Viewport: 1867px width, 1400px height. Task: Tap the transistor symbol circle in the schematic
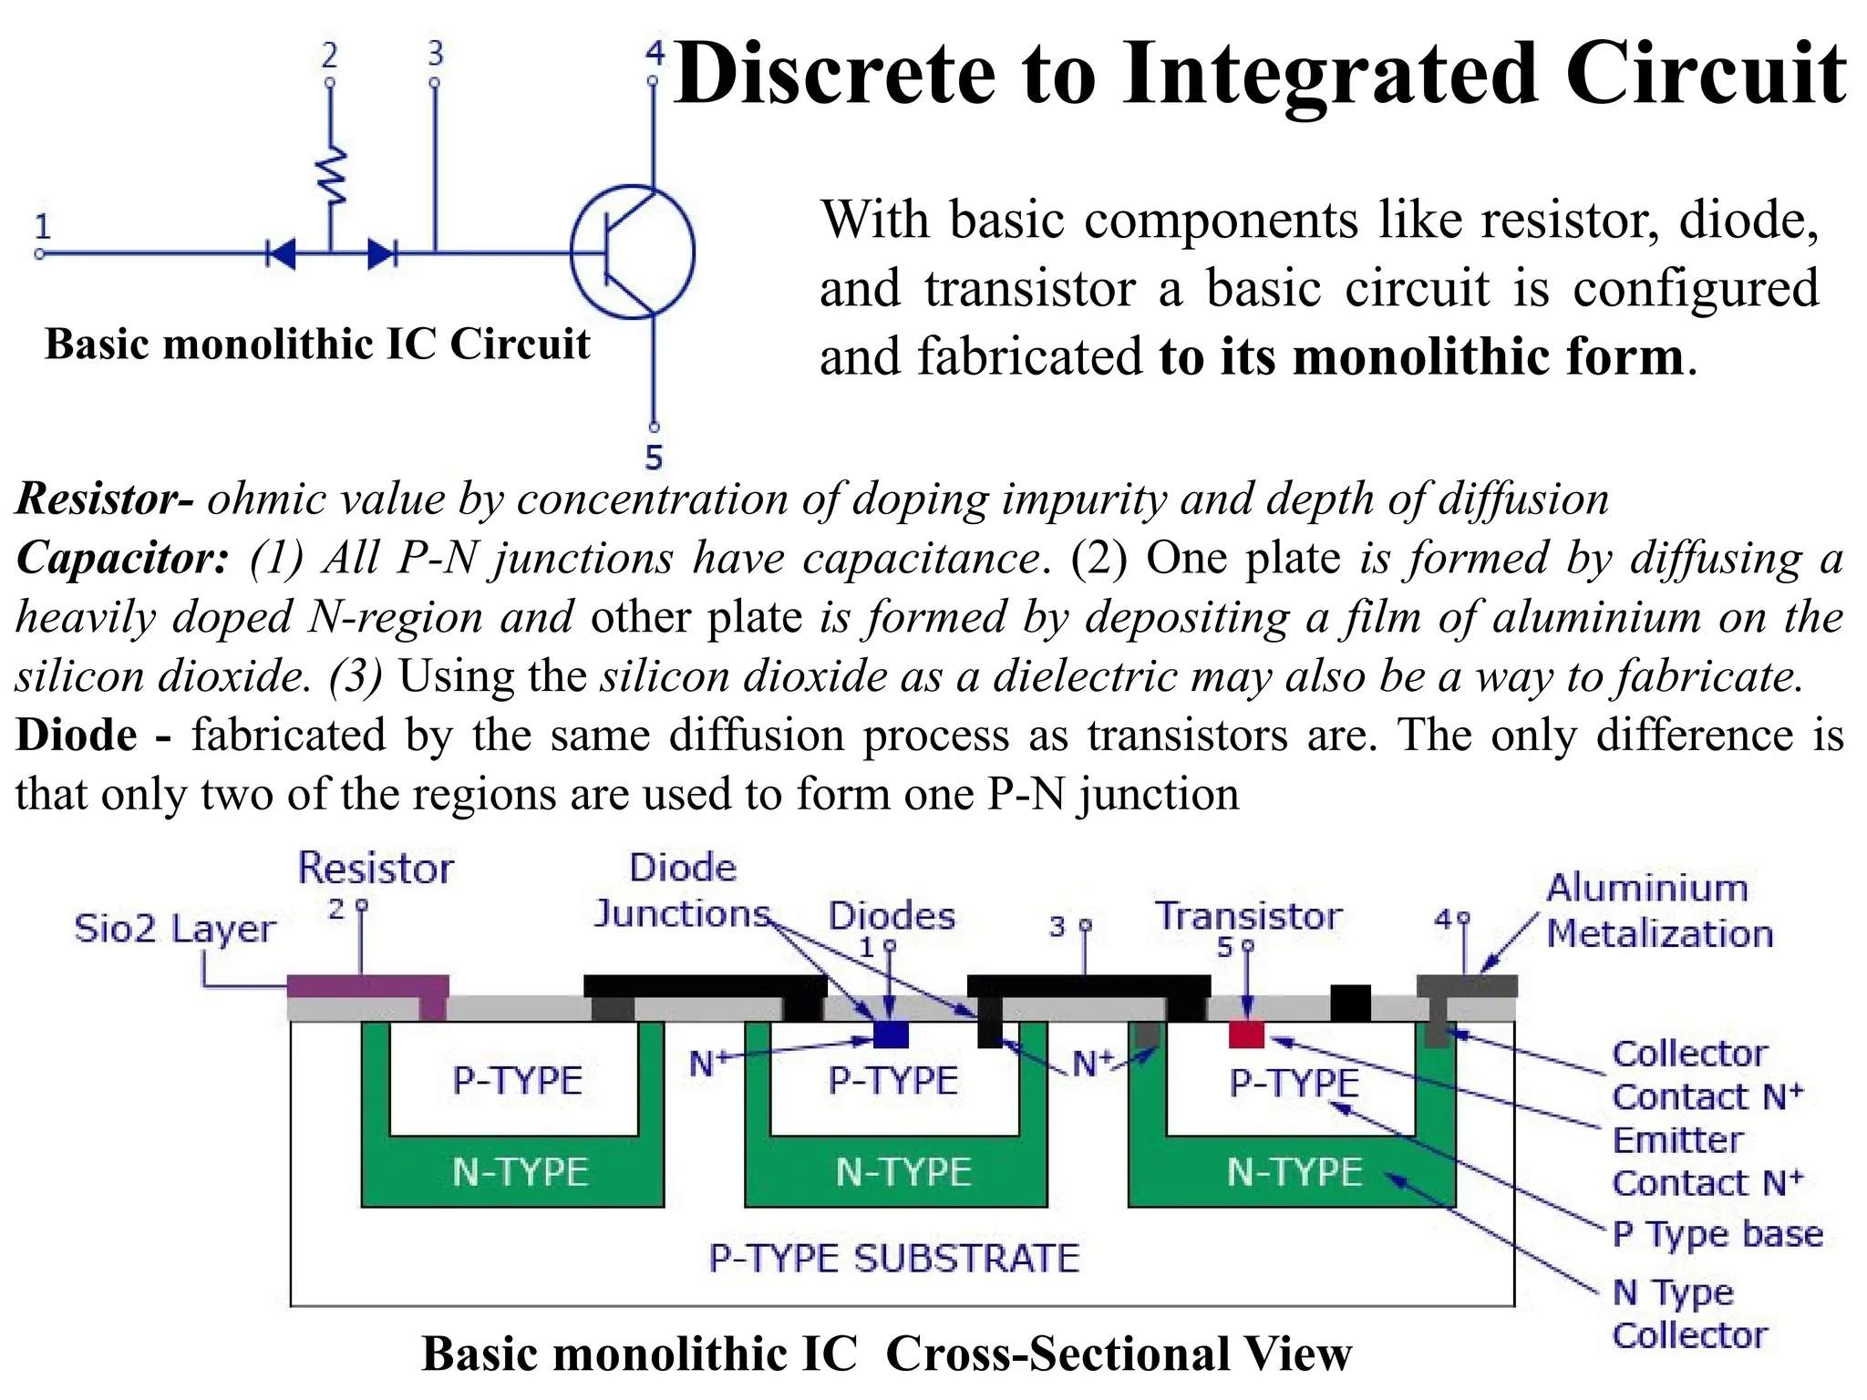[633, 252]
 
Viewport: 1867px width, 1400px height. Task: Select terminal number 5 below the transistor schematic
[654, 457]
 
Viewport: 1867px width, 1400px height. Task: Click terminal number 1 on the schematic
[42, 226]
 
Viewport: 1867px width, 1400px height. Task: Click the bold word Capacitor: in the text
[122, 558]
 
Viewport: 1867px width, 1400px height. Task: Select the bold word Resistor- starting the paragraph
[104, 499]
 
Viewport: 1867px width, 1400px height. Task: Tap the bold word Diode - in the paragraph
[91, 735]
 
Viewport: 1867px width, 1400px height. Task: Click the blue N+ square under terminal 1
[891, 1034]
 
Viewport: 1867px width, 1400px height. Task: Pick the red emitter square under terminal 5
[1246, 1035]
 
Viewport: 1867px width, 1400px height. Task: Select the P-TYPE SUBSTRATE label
[893, 1259]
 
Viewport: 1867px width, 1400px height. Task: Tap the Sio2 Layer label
[174, 929]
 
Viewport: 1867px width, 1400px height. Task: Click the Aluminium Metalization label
[1657, 910]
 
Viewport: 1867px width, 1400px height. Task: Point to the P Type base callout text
[1717, 1233]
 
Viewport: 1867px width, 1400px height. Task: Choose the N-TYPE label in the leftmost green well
[520, 1172]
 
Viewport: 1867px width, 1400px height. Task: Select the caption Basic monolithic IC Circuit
[316, 345]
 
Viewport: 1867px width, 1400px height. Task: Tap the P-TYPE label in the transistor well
[1294, 1083]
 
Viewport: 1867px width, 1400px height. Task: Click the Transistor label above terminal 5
[1248, 916]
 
